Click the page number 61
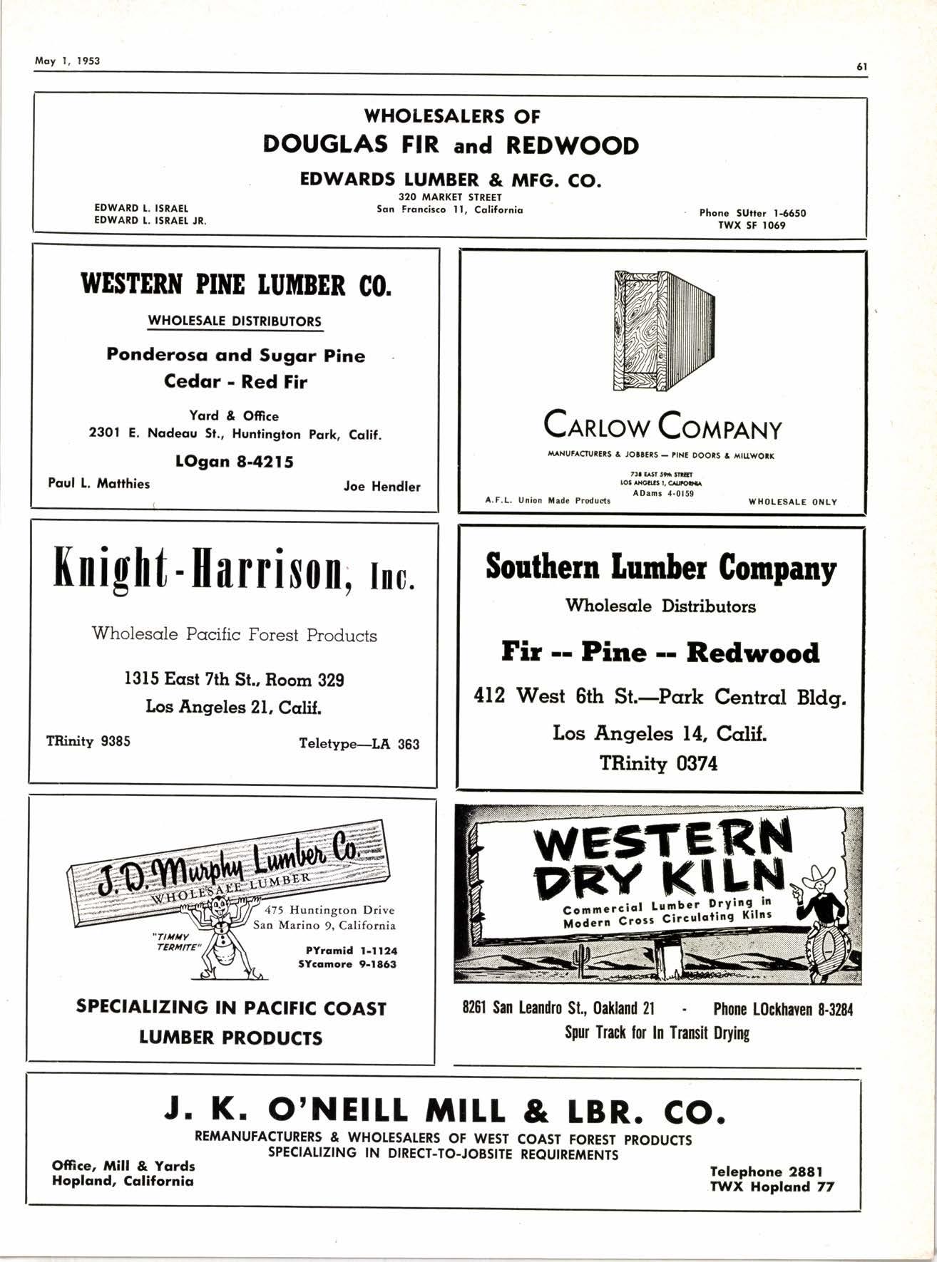(861, 66)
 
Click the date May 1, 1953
(68, 61)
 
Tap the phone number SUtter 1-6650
(753, 212)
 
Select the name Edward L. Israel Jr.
(150, 221)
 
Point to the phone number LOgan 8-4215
(234, 461)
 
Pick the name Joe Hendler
(382, 487)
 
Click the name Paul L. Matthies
(99, 484)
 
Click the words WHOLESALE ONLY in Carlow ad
(792, 502)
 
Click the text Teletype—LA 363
(359, 745)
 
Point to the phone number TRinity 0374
(658, 764)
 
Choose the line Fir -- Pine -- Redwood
(660, 652)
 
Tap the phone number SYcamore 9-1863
(348, 964)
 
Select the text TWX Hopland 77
(772, 1186)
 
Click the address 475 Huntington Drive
(329, 910)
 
